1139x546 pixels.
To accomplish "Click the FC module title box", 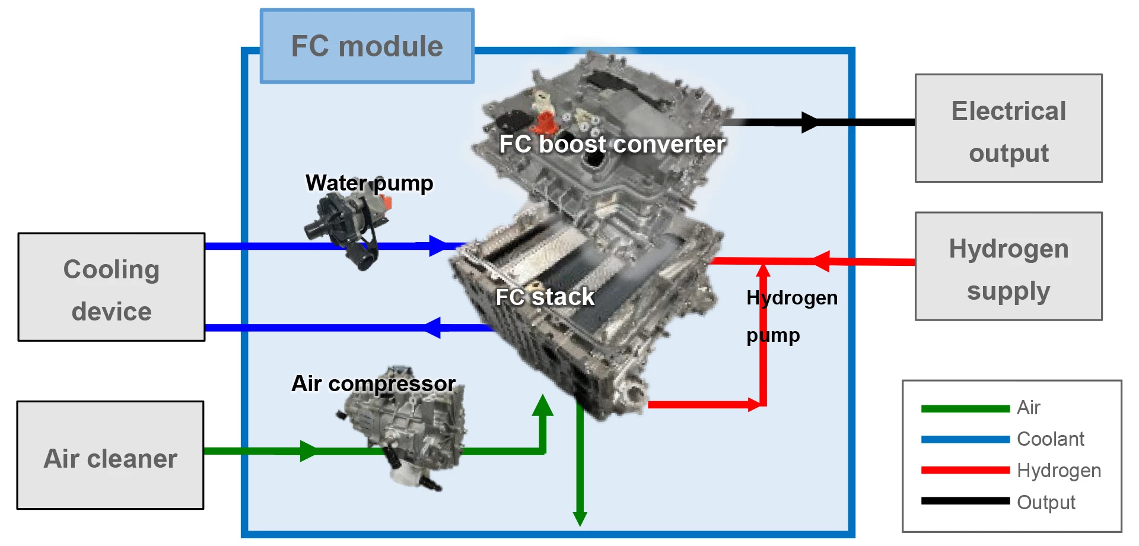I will point(367,46).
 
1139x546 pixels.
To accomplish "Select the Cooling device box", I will point(111,287).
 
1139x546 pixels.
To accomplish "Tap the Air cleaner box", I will point(110,455).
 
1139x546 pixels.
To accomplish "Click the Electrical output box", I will point(1008,128).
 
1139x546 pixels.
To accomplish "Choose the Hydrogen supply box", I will point(1008,266).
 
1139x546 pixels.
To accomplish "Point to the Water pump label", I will point(369,183).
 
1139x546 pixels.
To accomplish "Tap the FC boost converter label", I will point(612,144).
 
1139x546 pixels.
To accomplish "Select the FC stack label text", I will point(545,297).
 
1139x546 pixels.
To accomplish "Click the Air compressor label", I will point(374,383).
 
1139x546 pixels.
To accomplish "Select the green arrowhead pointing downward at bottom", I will point(580,518).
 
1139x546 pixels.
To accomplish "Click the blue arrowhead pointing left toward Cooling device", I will point(433,328).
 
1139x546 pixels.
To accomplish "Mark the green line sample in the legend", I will point(965,408).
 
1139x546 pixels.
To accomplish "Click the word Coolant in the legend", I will point(1050,439).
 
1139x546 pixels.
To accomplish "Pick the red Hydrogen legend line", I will point(965,470).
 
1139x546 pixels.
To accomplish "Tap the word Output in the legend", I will point(1046,502).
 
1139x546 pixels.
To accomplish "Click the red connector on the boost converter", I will point(544,123).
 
